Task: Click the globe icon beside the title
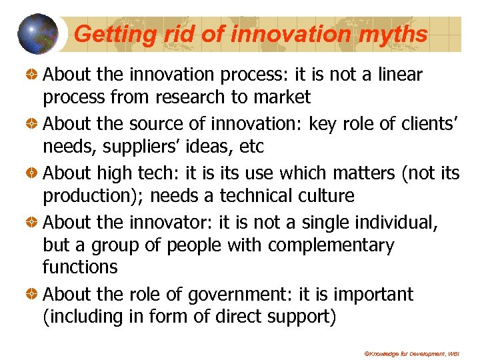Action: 37,34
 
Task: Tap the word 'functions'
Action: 80,267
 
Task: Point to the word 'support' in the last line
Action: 300,317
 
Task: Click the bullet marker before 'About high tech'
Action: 31,173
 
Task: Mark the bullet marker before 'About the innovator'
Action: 31,222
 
